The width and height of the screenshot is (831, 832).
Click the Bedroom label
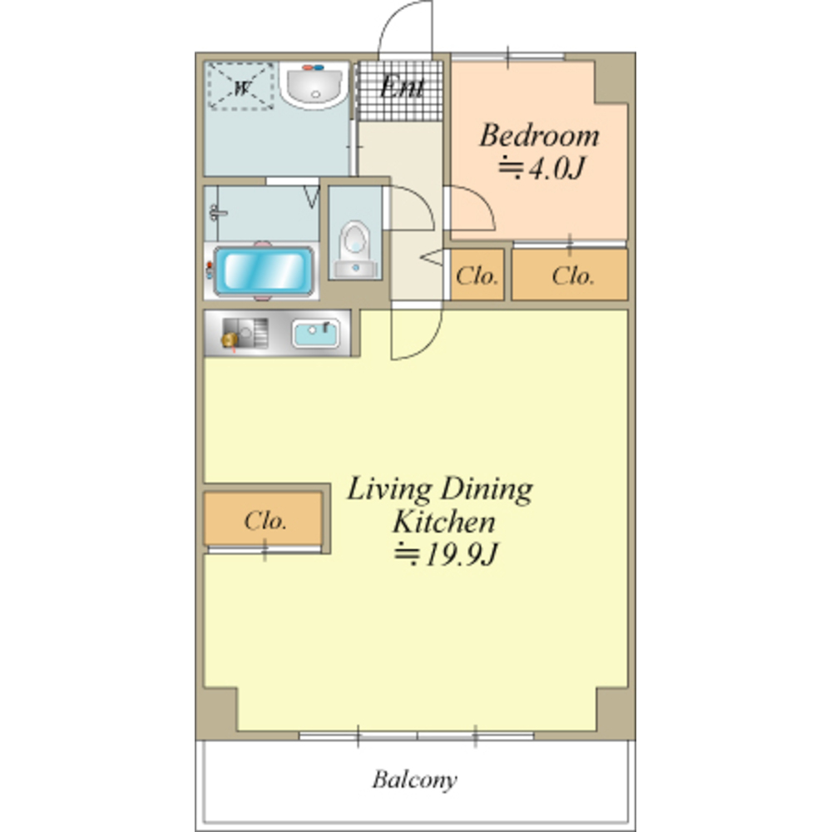[x=539, y=136]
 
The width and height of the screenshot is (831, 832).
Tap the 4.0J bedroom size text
[x=541, y=168]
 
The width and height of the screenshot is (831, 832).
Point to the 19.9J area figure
[x=446, y=555]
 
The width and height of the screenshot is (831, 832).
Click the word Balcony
[x=414, y=780]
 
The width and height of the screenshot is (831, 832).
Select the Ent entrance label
[x=402, y=87]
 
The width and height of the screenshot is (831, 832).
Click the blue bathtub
[x=264, y=270]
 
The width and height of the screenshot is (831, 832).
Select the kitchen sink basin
[x=316, y=333]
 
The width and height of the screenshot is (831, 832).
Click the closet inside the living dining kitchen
[x=263, y=519]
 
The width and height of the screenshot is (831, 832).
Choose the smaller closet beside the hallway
[x=477, y=275]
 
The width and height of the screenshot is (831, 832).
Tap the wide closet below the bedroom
[x=569, y=275]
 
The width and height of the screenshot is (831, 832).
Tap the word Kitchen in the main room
[x=443, y=522]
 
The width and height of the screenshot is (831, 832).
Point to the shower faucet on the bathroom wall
[x=216, y=213]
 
